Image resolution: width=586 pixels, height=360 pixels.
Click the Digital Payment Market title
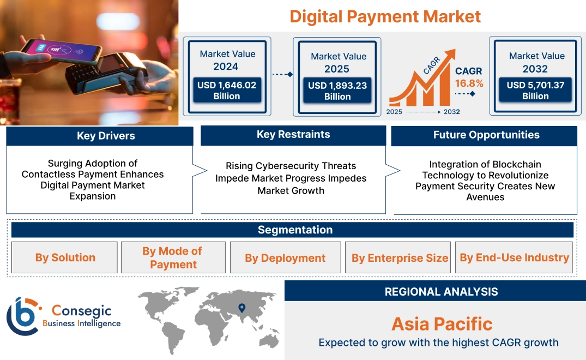click(385, 16)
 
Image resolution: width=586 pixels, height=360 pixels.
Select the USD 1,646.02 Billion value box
click(227, 90)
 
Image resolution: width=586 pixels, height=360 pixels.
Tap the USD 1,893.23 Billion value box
click(337, 91)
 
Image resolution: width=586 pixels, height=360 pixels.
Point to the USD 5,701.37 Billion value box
click(535, 90)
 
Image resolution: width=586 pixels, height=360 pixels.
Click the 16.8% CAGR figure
click(469, 83)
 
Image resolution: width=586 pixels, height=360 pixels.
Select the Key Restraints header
click(293, 135)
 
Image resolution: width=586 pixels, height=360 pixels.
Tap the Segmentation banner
click(292, 230)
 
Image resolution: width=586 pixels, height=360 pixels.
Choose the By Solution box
click(65, 257)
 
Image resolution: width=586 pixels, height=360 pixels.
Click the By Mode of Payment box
click(173, 257)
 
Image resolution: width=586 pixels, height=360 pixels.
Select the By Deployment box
click(286, 257)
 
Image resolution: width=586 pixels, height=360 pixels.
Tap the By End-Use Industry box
click(514, 257)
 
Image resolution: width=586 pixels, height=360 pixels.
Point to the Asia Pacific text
click(442, 324)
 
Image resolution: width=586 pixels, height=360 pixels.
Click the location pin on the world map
click(242, 308)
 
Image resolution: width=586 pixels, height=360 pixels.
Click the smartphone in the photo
click(61, 51)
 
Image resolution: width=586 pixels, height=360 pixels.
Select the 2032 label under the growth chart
click(451, 112)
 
